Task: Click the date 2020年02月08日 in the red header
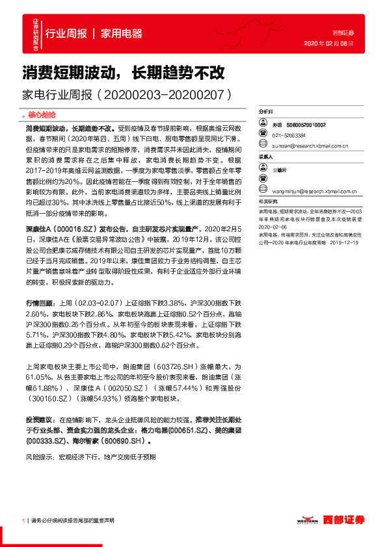(x=328, y=44)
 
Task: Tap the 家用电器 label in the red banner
(x=122, y=34)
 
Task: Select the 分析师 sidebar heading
(x=266, y=112)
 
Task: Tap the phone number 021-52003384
(x=289, y=135)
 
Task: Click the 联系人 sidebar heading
(x=266, y=157)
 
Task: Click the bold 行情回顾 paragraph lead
(x=37, y=303)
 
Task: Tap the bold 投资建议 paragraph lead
(x=37, y=420)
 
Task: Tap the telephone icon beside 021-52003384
(x=263, y=135)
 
